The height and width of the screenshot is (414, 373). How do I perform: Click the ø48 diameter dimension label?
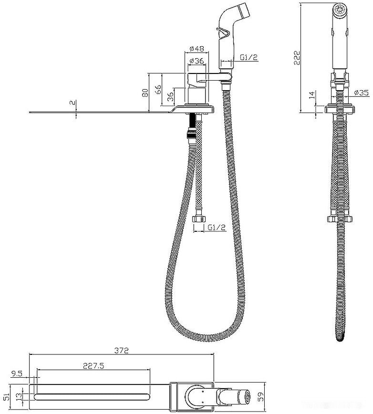coord(197,49)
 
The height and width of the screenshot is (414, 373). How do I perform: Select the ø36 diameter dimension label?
coord(197,61)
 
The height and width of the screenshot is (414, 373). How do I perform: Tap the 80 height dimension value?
coord(145,93)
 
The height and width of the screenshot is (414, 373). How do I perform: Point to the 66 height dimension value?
coord(157,90)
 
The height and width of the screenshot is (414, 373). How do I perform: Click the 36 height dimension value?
coord(171,97)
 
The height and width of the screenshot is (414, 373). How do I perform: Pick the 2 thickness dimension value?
coord(72,103)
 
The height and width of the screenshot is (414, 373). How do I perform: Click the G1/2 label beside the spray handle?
coord(249,57)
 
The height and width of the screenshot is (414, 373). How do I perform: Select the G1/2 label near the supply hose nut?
coord(217,228)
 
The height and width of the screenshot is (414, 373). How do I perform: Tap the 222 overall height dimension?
coord(297,57)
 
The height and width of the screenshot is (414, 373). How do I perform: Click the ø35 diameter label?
coord(361,93)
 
